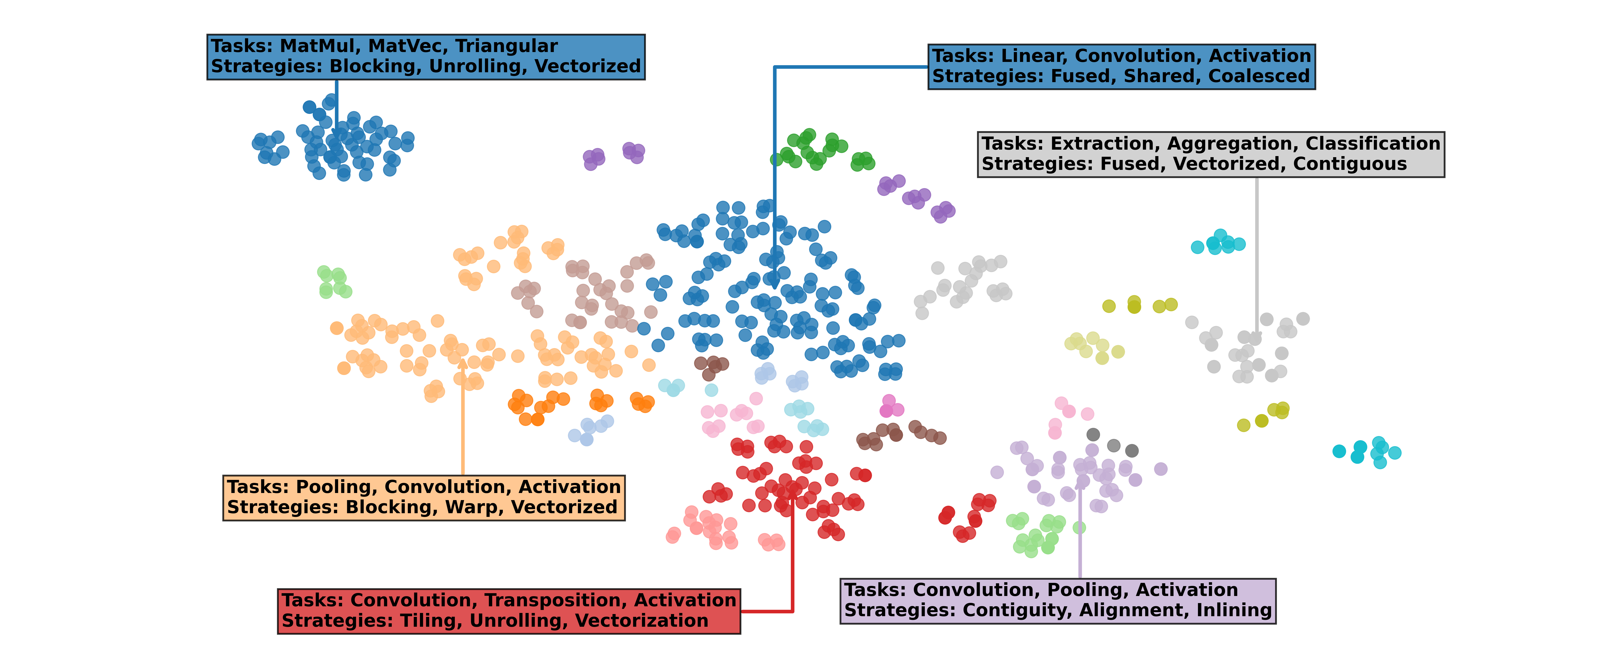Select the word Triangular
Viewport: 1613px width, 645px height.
coord(506,46)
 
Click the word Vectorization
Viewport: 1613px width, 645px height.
coord(642,620)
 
